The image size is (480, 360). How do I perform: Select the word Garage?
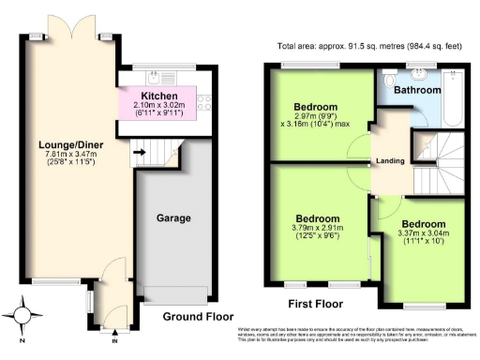pyautogui.click(x=173, y=217)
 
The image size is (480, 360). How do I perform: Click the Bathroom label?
pyautogui.click(x=416, y=90)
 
